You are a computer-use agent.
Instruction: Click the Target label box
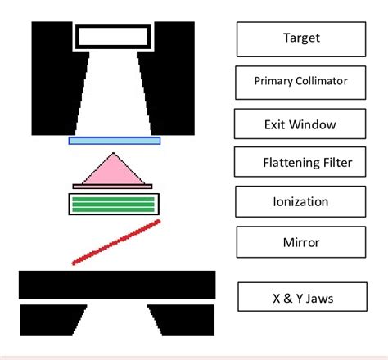(301, 38)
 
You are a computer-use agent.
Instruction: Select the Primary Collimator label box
(301, 82)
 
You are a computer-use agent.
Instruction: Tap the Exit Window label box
(300, 124)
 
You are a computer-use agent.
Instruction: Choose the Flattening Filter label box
(301, 162)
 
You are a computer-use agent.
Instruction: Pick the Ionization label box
(301, 201)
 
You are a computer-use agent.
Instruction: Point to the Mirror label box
(301, 242)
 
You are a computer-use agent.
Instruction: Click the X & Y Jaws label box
(301, 299)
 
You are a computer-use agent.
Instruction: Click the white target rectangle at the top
(114, 35)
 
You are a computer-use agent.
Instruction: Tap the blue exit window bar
(115, 141)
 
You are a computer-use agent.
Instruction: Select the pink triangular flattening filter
(115, 170)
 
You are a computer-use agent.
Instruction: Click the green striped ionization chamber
(114, 203)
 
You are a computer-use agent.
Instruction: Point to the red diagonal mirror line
(116, 242)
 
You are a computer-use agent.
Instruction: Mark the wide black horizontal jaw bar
(117, 285)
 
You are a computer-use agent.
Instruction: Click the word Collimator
(321, 82)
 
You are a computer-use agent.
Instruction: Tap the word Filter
(336, 163)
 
